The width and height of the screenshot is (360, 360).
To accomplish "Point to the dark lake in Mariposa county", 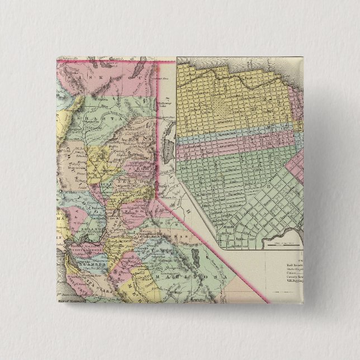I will coord(196,258).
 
